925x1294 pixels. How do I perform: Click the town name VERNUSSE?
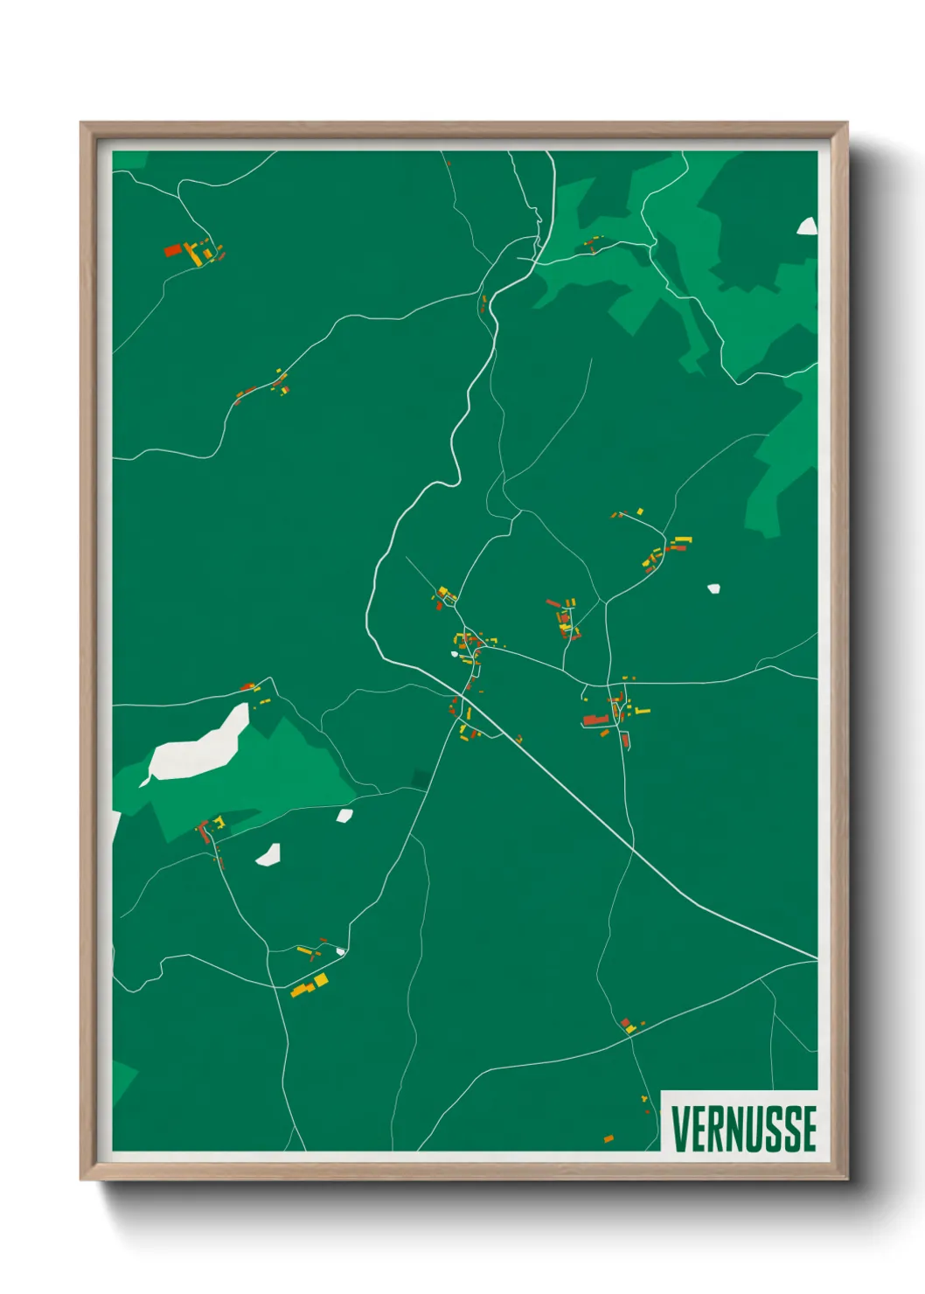(x=743, y=1128)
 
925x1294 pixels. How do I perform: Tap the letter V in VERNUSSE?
(x=678, y=1128)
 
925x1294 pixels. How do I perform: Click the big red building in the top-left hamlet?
(x=173, y=250)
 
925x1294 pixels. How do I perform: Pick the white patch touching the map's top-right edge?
(x=807, y=226)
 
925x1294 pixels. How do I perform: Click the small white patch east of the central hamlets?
(x=713, y=588)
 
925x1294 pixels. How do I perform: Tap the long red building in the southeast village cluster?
(x=596, y=720)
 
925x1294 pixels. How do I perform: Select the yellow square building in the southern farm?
(x=321, y=980)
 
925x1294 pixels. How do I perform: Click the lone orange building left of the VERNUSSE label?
(x=609, y=1138)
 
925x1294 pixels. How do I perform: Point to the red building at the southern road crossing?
(x=625, y=1022)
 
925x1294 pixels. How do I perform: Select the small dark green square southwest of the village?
(x=421, y=778)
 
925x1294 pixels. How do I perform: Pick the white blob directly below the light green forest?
(x=268, y=854)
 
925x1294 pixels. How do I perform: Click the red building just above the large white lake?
(x=247, y=687)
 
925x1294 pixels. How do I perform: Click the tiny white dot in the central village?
(x=455, y=653)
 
